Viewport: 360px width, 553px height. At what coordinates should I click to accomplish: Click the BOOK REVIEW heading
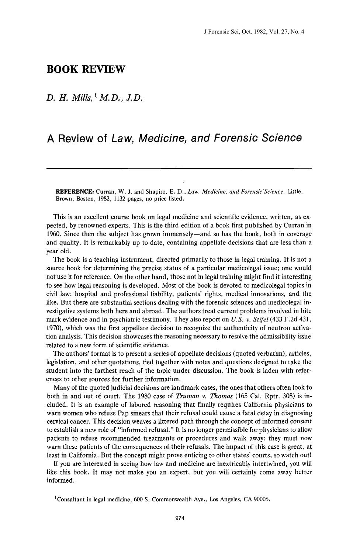[86, 69]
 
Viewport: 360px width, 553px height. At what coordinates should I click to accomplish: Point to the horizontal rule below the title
[179, 168]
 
